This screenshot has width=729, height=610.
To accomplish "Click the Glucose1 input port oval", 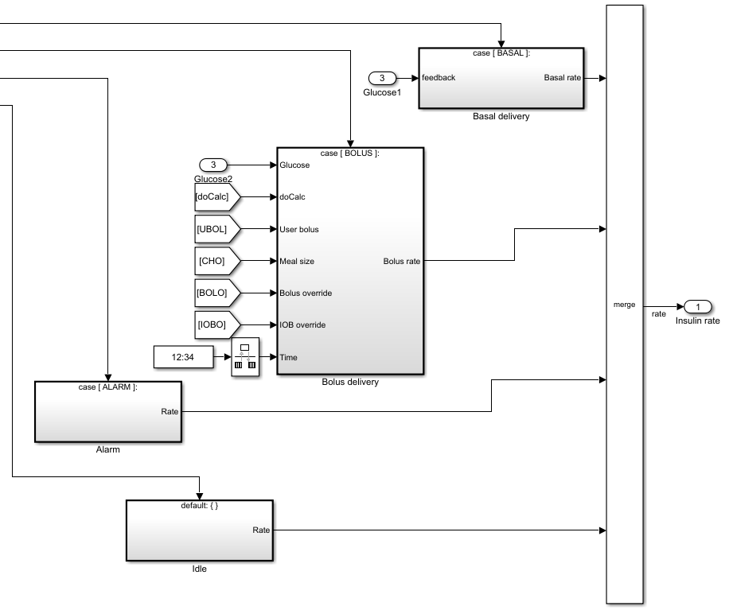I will pos(382,78).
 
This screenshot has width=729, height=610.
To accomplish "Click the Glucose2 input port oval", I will pos(213,165).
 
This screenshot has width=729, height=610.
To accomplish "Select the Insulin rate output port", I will pos(697,307).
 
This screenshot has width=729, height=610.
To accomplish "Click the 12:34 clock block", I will pos(183,358).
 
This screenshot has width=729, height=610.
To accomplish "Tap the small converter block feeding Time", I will pos(245,358).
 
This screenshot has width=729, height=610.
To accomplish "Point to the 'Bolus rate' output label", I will pos(401,261).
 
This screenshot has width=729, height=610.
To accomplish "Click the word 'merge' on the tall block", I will pos(624,304).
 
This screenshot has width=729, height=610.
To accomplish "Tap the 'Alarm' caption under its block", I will pos(107,449).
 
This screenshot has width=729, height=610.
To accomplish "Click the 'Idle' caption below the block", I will pos(199,569).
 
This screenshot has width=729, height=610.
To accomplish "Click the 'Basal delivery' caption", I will pos(501,116).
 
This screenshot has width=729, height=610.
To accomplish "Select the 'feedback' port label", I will pos(439,78).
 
